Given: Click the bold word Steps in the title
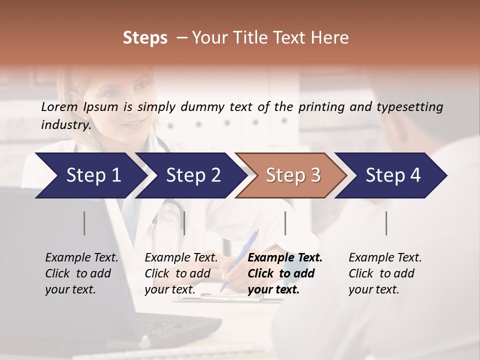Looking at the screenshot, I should click(145, 38).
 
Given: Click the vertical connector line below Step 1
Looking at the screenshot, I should click(84, 223).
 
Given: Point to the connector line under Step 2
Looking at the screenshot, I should click(184, 223).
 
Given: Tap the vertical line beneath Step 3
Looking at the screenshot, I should click(285, 223).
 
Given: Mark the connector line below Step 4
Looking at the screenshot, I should click(386, 223).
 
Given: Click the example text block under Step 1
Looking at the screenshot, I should click(81, 273).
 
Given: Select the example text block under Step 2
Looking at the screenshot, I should click(181, 273).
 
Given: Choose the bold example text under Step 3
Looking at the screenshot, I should click(285, 273).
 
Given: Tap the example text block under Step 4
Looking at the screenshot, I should click(385, 273).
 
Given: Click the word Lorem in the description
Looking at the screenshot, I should click(59, 106).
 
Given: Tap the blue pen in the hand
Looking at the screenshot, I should click(240, 260).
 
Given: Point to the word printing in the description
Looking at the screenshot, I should click(326, 107).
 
